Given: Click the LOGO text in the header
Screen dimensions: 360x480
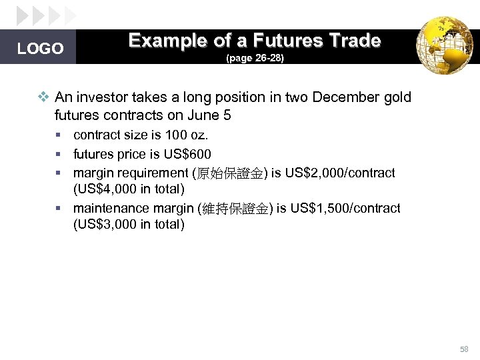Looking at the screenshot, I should pos(40,49).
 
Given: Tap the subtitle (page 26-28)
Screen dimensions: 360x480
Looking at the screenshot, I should pos(255,59).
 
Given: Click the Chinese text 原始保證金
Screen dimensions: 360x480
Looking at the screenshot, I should pos(229,173).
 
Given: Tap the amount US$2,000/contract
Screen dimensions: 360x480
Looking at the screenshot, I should pos(340,173).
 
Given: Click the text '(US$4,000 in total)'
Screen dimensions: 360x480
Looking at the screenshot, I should pos(129,189).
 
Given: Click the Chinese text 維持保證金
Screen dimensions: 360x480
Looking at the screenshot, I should pos(234,209).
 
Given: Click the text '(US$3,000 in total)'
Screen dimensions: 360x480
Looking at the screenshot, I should pos(129,224).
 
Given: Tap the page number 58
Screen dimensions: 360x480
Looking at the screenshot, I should pos(464,349).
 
